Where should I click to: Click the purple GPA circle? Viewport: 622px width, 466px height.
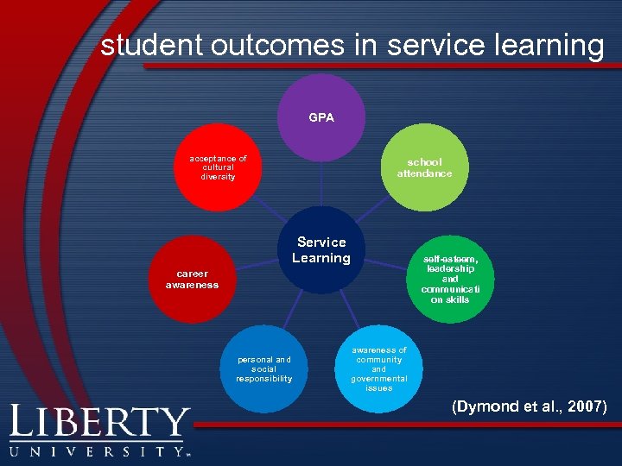point(321,117)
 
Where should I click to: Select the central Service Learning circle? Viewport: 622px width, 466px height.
point(321,249)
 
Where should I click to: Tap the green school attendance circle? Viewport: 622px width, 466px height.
point(424,167)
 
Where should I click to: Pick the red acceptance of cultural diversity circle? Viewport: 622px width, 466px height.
point(218,167)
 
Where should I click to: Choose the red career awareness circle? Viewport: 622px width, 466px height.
point(192,279)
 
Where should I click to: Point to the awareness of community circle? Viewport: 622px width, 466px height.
point(378,368)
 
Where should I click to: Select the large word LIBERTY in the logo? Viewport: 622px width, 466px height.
point(99,424)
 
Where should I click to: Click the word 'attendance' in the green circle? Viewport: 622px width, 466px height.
point(424,173)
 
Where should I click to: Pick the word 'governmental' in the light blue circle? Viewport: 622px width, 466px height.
point(378,379)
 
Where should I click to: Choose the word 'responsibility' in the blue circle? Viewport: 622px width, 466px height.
point(264,379)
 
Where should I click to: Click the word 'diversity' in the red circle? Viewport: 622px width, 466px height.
point(218,177)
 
